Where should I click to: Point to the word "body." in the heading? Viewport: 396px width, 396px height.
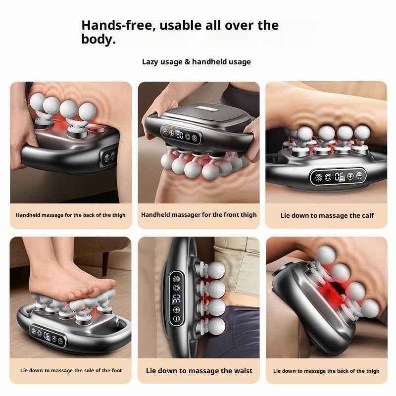[x=99, y=40]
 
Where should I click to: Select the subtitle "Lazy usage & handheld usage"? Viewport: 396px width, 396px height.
[x=197, y=62]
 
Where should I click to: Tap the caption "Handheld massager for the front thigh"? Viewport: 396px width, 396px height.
[x=199, y=215]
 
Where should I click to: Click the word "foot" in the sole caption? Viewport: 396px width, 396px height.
[x=115, y=370]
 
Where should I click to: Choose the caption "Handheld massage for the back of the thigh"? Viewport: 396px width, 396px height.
[x=71, y=215]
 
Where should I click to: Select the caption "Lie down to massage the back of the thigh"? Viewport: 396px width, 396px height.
[x=326, y=371]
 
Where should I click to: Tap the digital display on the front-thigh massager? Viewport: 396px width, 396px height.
[x=181, y=134]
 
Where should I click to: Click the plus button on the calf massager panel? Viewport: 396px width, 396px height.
[x=350, y=176]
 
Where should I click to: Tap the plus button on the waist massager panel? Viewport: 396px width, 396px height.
[x=177, y=309]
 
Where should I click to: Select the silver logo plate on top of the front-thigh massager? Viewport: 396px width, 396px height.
[x=202, y=106]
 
